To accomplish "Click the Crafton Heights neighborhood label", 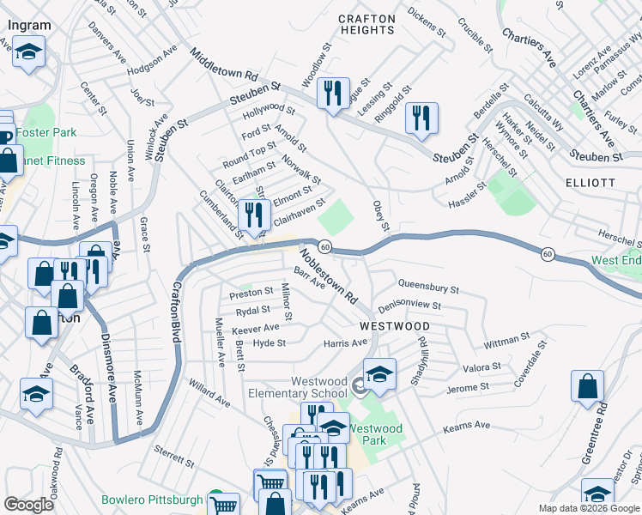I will tap(366, 24).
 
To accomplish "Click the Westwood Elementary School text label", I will tap(306, 388).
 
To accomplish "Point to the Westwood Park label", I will tap(375, 434).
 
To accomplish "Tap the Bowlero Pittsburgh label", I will tap(151, 500).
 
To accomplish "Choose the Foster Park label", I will tap(45, 133).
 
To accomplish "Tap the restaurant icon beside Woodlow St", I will tap(333, 93).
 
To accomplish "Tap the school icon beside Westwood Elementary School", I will tap(379, 374).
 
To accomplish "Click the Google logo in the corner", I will tap(29, 505).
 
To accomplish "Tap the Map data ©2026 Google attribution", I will tap(588, 508).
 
